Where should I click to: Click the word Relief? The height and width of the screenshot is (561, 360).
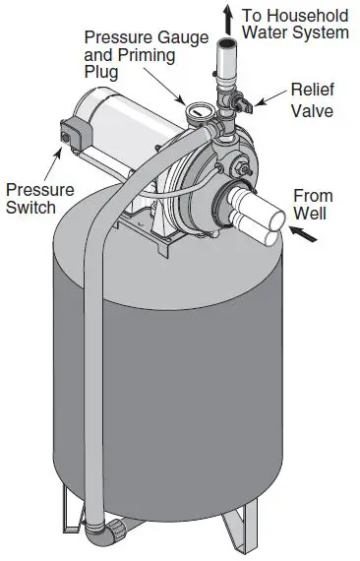pos(313,91)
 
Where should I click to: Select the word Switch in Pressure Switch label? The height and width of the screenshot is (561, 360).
pos(30,208)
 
